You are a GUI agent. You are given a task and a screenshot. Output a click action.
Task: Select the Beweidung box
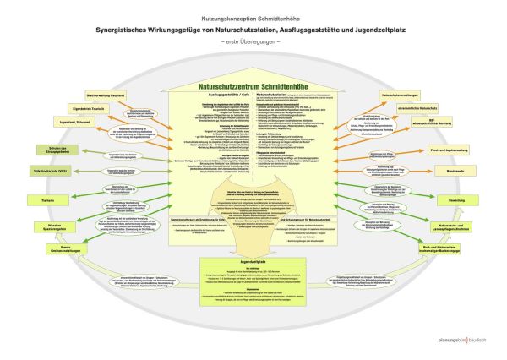coord(457,199)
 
